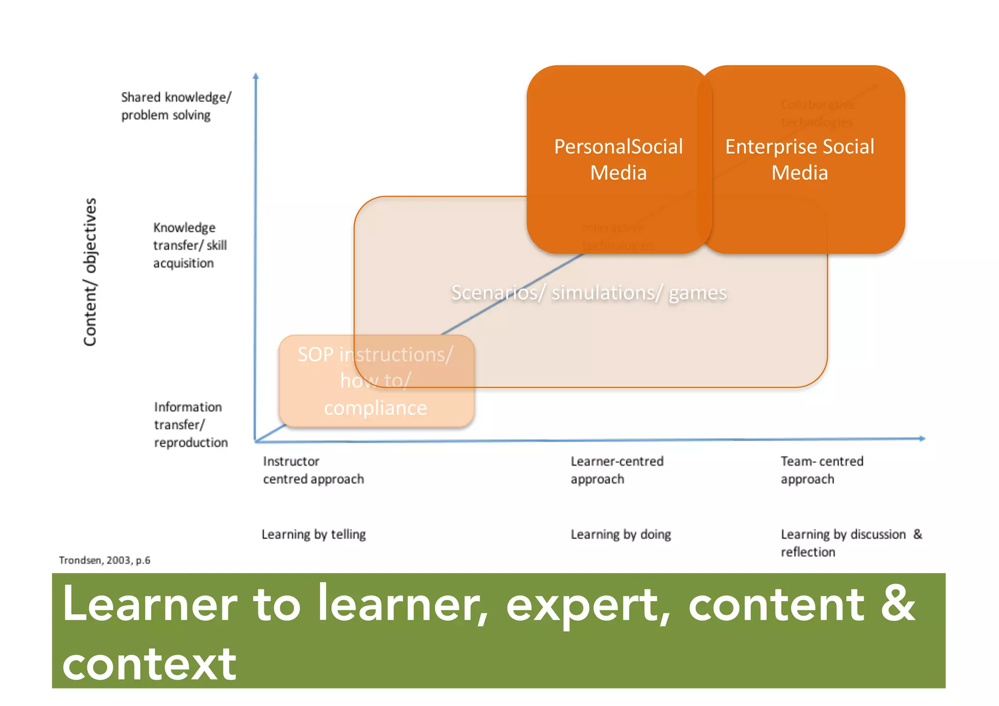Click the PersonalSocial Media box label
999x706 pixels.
(618, 159)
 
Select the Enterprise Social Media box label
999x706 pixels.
(799, 159)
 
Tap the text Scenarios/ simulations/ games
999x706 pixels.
(589, 293)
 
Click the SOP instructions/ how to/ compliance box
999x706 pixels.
(376, 381)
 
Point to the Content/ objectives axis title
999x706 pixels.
(90, 272)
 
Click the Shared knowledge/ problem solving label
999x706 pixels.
(176, 106)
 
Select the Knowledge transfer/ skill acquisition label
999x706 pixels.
(190, 245)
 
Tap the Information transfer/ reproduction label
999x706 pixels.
(190, 424)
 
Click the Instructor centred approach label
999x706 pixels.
(313, 470)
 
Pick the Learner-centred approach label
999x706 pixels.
(617, 470)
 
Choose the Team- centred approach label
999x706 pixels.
(821, 470)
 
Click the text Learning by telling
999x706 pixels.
(313, 534)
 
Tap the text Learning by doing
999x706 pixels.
(620, 534)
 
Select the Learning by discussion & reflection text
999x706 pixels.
(851, 543)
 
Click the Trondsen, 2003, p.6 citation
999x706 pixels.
(104, 560)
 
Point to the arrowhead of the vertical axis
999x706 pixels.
(255, 76)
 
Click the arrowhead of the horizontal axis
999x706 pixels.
(922, 438)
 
